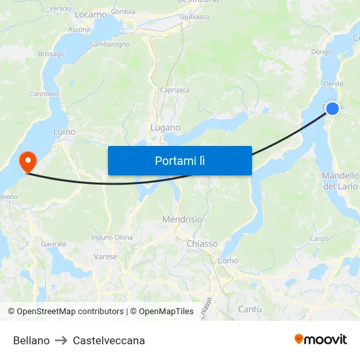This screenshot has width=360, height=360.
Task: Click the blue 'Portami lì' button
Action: click(x=179, y=160)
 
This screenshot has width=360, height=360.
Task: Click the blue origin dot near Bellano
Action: click(x=333, y=108)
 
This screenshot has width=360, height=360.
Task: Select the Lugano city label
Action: click(x=165, y=128)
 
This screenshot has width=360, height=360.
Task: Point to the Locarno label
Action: click(x=91, y=14)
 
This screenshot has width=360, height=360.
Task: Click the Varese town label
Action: click(x=105, y=257)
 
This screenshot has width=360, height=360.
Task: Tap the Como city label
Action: click(x=228, y=261)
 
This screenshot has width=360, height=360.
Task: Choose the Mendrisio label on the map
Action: click(x=182, y=219)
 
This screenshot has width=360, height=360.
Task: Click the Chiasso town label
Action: click(x=202, y=243)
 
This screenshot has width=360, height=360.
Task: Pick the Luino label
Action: click(x=64, y=132)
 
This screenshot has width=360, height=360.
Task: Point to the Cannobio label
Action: click(x=44, y=94)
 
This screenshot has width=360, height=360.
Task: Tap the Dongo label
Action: click(x=321, y=52)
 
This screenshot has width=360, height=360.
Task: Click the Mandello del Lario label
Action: click(x=340, y=181)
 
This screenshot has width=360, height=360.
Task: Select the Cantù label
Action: click(x=249, y=309)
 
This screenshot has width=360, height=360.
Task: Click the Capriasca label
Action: click(x=174, y=90)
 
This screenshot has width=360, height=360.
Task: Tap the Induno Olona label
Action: click(x=112, y=237)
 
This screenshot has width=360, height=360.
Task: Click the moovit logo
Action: click(x=321, y=339)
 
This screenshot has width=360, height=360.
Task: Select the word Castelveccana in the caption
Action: click(x=109, y=340)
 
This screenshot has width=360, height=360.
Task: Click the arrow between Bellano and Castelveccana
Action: click(x=61, y=340)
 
